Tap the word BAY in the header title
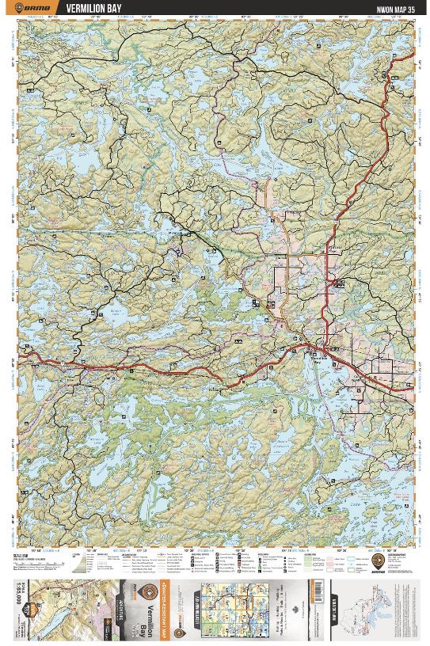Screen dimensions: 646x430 tap(113, 8)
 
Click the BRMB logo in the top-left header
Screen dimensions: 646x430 tap(34, 8)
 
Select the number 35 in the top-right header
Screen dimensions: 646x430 tap(410, 9)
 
